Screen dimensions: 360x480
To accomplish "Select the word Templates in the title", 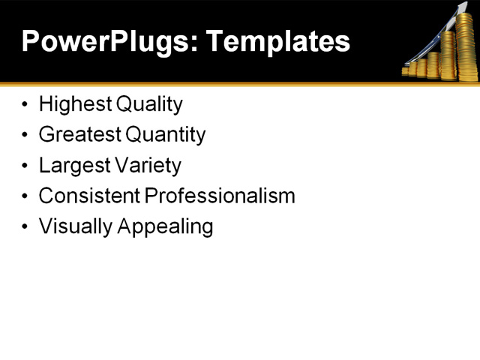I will click(279, 42).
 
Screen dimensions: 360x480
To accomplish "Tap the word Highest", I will click(73, 104).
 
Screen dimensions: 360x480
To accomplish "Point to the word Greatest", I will click(79, 135).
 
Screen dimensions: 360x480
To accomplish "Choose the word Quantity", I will click(165, 135).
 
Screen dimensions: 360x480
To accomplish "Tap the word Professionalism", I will click(220, 196).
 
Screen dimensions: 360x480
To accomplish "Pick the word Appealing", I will click(165, 227).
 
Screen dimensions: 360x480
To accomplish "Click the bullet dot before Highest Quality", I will click(26, 104).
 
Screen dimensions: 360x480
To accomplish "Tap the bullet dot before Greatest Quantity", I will click(26, 135).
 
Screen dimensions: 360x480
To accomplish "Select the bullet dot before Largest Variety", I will click(26, 166).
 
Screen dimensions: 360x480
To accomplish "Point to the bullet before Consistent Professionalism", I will click(26, 196).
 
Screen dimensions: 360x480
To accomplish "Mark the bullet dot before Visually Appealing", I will click(26, 226).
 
